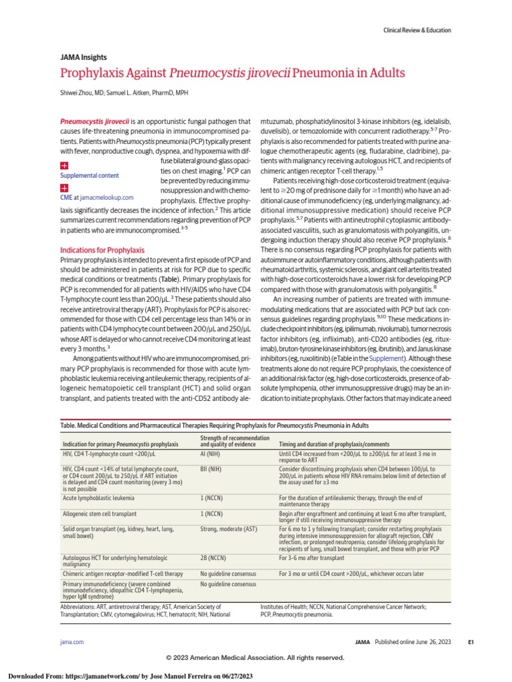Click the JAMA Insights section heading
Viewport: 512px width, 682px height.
pyautogui.click(x=83, y=57)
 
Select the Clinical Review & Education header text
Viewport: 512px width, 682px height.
pyautogui.click(x=417, y=31)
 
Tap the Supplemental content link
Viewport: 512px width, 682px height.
pyautogui.click(x=90, y=175)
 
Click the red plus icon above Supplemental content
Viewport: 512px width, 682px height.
pyautogui.click(x=65, y=165)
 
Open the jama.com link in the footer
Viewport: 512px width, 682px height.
pyautogui.click(x=72, y=641)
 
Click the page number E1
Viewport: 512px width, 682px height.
pyautogui.click(x=470, y=642)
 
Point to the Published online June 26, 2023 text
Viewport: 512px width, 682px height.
pyautogui.click(x=413, y=642)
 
